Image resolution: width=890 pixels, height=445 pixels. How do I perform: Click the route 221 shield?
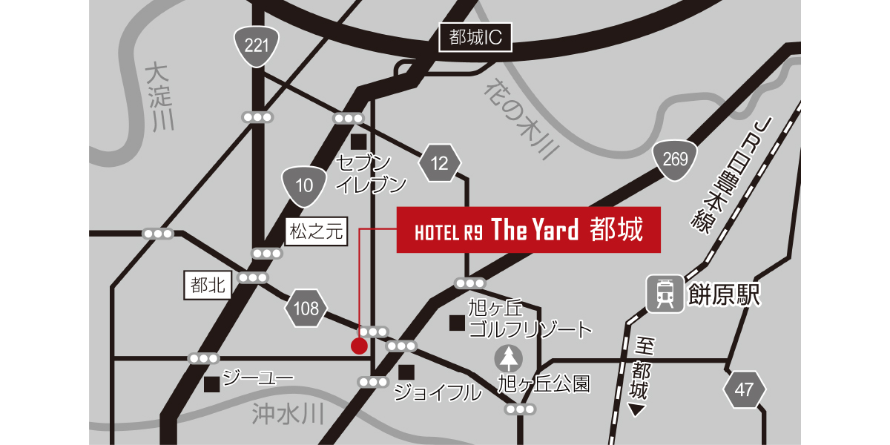255,47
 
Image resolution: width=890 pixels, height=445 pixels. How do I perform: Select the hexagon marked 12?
441,163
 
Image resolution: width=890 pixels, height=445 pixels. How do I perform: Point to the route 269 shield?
676,158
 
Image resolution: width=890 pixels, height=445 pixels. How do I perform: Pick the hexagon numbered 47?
745,389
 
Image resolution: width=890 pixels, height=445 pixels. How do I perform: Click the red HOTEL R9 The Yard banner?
529,230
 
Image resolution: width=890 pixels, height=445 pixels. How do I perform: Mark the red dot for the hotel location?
359,346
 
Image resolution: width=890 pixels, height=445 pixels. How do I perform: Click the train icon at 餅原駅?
665,294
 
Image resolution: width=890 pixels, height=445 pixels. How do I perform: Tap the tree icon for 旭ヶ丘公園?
509,359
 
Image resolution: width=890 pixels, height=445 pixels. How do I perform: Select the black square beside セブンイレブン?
360,141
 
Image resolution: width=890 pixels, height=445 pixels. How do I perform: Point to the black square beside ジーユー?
212,384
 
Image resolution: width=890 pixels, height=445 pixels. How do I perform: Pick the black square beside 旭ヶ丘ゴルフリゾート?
457,323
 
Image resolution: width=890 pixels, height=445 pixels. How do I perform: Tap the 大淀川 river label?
159,96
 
